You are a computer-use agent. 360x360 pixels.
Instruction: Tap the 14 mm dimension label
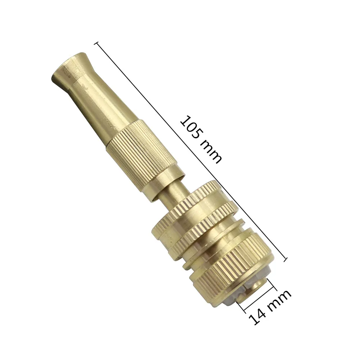pos(269,307)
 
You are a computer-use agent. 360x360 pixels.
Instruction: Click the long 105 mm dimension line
pos(191,151)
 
